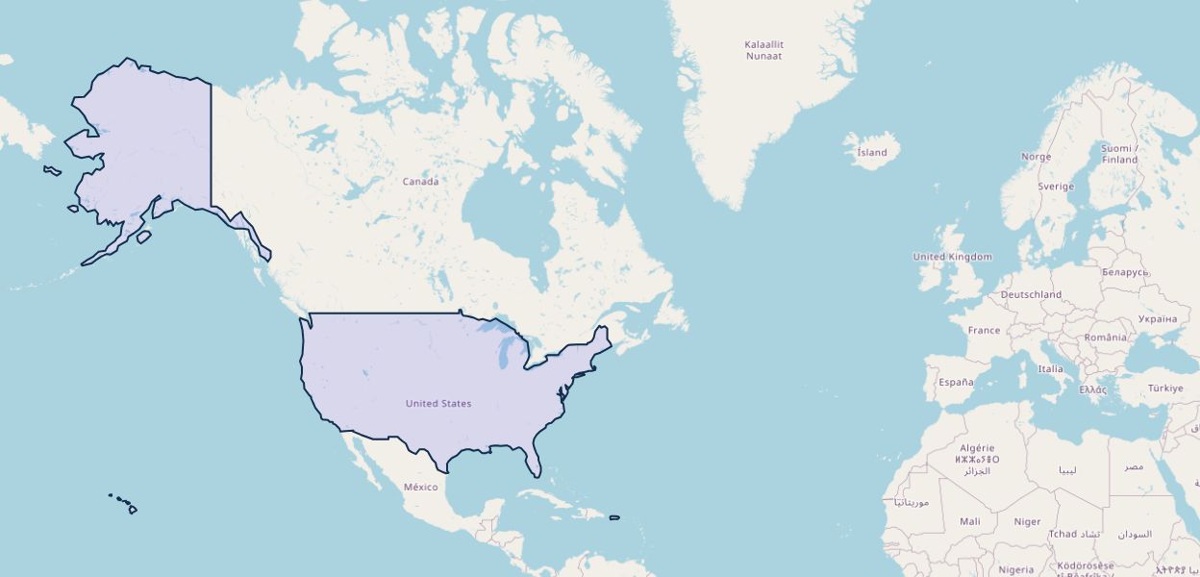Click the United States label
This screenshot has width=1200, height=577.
coord(438,403)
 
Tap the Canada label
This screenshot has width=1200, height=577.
coord(420,182)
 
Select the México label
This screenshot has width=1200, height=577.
coord(420,487)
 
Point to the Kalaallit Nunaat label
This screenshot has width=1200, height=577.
coord(763,50)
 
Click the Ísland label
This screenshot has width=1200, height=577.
coord(872,152)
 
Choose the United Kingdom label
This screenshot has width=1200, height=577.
coord(952,257)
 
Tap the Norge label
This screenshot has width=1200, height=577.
coord(1036,157)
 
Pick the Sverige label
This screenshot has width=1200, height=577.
coord(1056,187)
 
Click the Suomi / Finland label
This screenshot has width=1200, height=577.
coord(1119,154)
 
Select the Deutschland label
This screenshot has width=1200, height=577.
coord(1031,294)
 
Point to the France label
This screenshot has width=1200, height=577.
coord(984,330)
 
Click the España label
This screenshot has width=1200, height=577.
coord(956,382)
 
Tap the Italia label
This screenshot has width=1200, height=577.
coord(1050,368)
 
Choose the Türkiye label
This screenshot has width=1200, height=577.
coord(1165,389)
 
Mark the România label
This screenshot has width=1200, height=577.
coord(1105,338)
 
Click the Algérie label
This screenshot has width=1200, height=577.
coord(979,448)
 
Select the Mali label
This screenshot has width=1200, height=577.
coord(970,521)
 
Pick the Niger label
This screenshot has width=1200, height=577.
coord(1027,521)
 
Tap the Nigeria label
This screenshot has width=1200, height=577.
coord(1015,569)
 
